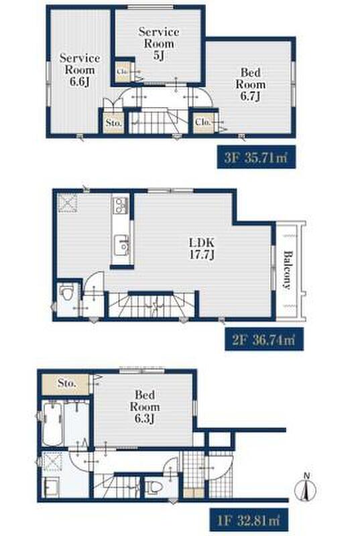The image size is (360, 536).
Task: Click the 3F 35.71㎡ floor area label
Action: pos(256,157)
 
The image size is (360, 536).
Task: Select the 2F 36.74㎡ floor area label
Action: pos(264,340)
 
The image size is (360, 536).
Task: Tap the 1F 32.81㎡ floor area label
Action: pos(249,520)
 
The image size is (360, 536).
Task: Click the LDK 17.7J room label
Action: pos(202,249)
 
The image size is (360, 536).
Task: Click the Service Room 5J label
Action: pos(159,44)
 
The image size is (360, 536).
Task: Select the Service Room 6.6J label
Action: pos(80,70)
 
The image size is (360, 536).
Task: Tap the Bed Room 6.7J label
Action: pos(251,84)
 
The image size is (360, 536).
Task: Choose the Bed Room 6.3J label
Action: pos(145,407)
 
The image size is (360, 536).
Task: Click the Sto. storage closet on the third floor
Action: pos(113,123)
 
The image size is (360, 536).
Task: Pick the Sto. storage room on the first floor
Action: pos(65,383)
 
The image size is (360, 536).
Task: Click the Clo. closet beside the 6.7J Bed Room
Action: pos(204,122)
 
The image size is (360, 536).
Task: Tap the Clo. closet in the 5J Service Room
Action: pos(123,72)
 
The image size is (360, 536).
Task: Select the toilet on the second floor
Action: pos(66,293)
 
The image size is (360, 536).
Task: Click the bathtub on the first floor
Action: pos(52,423)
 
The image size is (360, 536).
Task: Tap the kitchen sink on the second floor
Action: pos(121,244)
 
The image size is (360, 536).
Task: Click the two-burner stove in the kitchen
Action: pos(121,206)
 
